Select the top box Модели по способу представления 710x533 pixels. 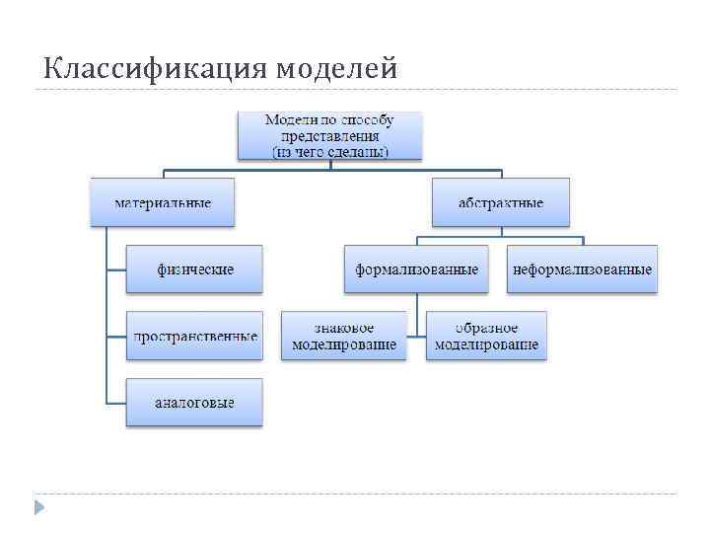pos(329,135)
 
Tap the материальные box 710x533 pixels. pos(163,202)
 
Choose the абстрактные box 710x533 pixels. pos(501,202)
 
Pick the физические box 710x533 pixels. pos(195,268)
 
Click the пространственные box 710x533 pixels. pos(195,336)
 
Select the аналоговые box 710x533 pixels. pos(195,403)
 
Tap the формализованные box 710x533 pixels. pos(417,268)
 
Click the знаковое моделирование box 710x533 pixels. pos(344,336)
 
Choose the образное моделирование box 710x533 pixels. pos(486,336)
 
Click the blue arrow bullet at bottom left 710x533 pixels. pos(39,508)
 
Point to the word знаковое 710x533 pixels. pos(344,328)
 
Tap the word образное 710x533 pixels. pos(486,328)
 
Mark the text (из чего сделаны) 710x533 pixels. pos(329,151)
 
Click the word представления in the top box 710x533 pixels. pos(329,136)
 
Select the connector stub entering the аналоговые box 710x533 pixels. pos(115,403)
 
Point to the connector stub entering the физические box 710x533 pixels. pos(115,268)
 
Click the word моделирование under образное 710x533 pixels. pos(486,344)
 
